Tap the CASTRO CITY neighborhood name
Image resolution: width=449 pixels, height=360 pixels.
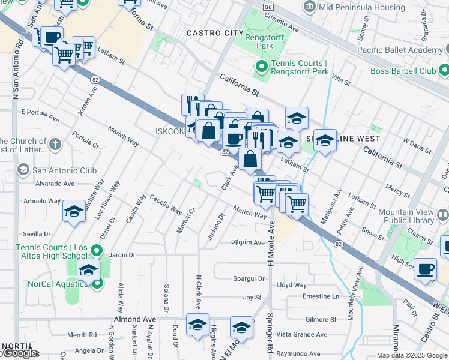click(215, 32)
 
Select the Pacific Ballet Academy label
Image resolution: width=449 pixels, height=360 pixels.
click(400, 50)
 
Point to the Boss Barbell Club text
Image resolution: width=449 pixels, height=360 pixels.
click(412, 71)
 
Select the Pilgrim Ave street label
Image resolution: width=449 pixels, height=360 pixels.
click(248, 243)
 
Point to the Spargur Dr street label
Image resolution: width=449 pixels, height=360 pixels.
click(248, 278)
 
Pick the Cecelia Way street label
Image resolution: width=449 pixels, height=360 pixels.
click(166, 205)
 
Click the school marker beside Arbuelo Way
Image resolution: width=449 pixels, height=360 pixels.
click(74, 212)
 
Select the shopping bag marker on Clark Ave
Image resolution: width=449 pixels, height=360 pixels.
click(250, 160)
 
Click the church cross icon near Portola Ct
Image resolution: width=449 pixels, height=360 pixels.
click(55, 144)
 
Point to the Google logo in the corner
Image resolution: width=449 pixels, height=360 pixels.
click(19, 353)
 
